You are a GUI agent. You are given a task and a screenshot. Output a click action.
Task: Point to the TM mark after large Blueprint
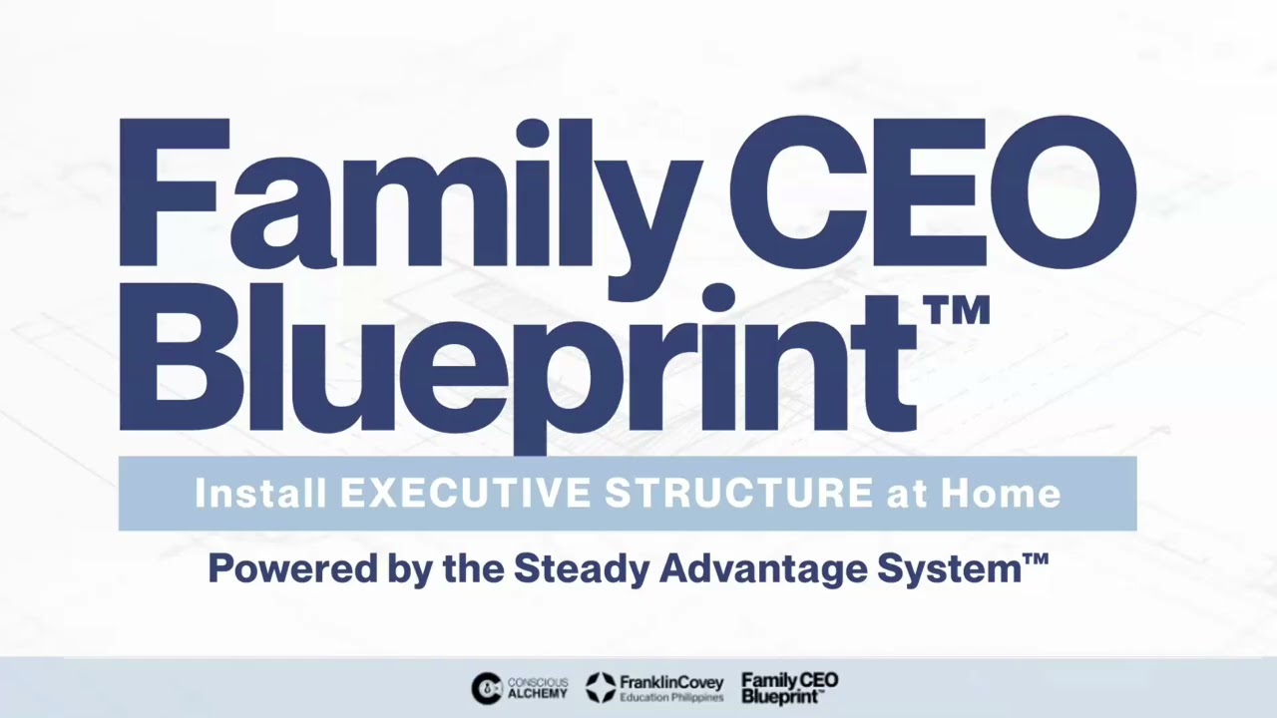point(958,312)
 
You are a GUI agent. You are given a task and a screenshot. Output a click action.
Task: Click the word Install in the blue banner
point(260,493)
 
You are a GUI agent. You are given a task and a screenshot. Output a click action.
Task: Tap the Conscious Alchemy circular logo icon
point(486,688)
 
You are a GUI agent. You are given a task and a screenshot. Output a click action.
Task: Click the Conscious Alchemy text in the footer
point(538,688)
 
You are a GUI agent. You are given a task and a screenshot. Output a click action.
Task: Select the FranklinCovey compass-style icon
point(601,687)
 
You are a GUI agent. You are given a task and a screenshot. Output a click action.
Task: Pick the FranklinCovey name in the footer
point(670,682)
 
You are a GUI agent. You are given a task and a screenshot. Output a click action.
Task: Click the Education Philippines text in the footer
point(670,697)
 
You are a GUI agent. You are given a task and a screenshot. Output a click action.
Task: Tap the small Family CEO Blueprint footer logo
point(789,688)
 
